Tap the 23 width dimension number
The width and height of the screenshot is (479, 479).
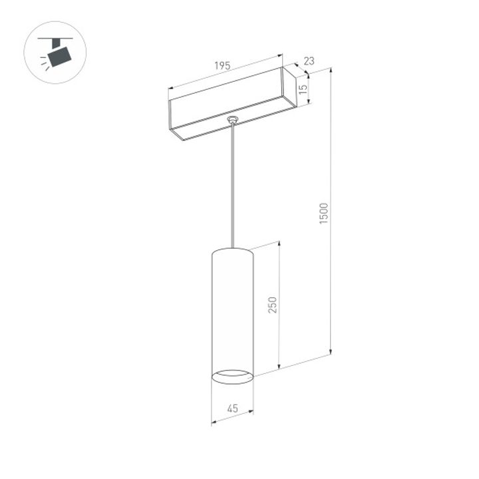pos(308,61)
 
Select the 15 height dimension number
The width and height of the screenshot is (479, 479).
pos(303,88)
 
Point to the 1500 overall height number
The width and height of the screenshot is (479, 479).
pos(324,212)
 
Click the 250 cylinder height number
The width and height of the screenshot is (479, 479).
pos(271,304)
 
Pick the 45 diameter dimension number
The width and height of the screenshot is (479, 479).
pos(232,408)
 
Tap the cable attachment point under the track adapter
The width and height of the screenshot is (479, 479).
pos(232,120)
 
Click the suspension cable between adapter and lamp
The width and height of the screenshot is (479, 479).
pos(232,186)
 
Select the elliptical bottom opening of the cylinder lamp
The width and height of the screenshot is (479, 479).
pos(232,377)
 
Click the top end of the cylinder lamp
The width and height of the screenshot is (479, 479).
pos(232,251)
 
